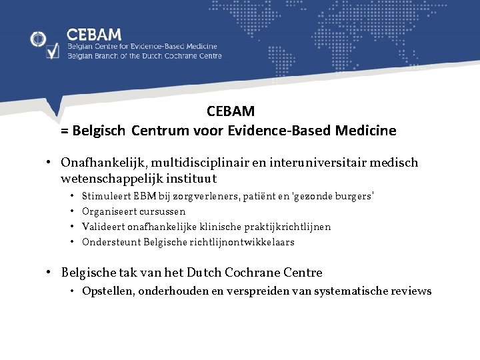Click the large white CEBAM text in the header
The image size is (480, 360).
(x=94, y=34)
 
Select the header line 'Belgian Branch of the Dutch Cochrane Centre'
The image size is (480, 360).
(x=144, y=56)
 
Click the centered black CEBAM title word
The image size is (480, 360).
(x=231, y=111)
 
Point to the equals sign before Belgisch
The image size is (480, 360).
(x=65, y=131)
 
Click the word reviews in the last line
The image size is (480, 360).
(x=413, y=291)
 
